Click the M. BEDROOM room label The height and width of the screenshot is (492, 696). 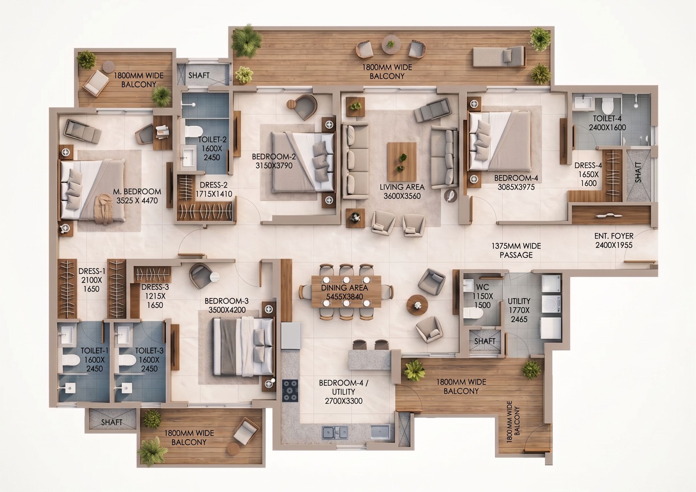[137, 196]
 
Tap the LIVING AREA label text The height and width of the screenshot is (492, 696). [402, 187]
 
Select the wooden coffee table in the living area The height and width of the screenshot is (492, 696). [402, 162]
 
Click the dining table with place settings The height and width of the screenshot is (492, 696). [346, 292]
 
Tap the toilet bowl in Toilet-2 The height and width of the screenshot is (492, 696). [193, 131]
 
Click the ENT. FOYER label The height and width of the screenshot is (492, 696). [614, 236]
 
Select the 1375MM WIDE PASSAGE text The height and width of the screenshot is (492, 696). [516, 250]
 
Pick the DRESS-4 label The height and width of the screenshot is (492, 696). [588, 165]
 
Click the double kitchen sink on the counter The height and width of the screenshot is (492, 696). [335, 432]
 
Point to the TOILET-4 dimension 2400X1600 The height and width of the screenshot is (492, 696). [607, 127]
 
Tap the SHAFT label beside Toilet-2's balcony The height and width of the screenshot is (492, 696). [199, 75]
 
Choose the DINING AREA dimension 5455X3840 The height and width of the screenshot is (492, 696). [345, 297]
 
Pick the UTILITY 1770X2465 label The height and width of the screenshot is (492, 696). [519, 310]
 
